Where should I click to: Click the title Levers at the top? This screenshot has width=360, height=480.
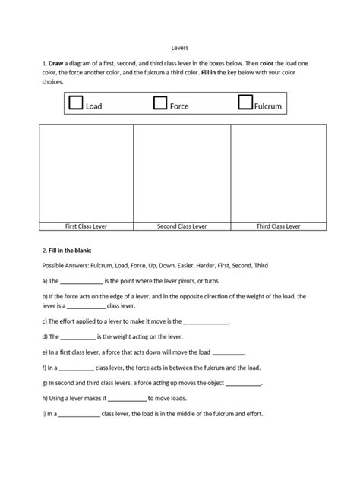click(x=180, y=47)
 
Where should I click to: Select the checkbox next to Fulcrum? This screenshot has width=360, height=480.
click(x=245, y=103)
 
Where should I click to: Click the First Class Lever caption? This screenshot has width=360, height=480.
click(x=85, y=226)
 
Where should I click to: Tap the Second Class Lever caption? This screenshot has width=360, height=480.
click(x=182, y=226)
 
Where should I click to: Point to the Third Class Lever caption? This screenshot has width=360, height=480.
click(x=278, y=226)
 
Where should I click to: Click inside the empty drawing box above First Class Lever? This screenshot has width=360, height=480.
click(x=85, y=172)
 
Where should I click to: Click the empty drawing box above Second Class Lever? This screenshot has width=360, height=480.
click(x=182, y=172)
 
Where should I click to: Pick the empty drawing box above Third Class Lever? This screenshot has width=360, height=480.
click(x=278, y=172)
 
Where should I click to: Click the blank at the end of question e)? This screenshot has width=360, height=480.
click(x=228, y=353)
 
